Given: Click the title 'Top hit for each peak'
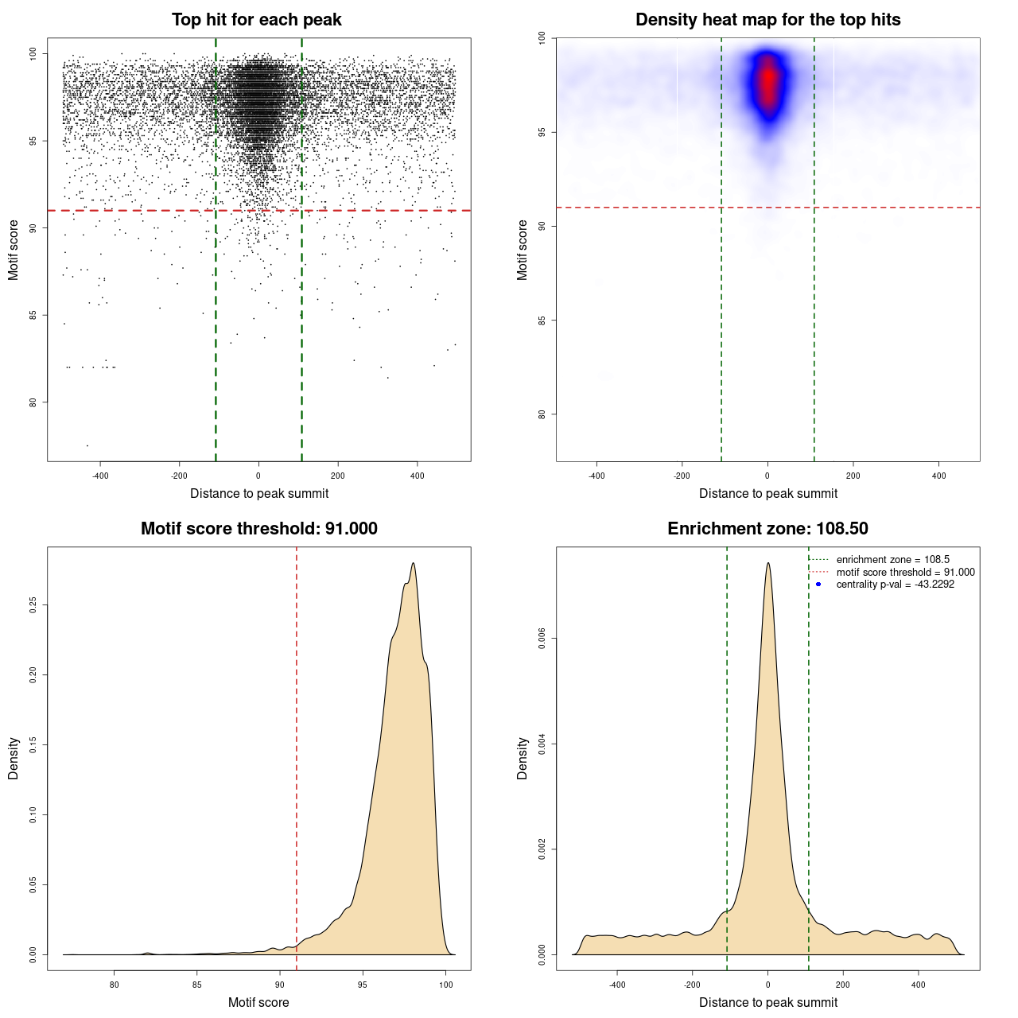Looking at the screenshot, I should click(257, 20).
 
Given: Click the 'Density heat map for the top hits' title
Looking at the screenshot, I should click(767, 20).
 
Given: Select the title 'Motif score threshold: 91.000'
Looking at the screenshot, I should click(258, 529).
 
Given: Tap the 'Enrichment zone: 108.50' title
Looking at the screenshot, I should click(767, 529).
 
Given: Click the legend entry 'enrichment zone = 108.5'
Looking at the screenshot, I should click(892, 560).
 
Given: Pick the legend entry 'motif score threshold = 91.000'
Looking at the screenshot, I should click(905, 572).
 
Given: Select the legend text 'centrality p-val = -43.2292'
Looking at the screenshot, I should click(895, 585).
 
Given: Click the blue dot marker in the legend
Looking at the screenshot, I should click(818, 585).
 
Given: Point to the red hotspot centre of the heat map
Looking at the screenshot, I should click(768, 80).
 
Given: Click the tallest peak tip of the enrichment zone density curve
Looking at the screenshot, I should click(767, 563).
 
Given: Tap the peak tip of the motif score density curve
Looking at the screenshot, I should click(414, 563).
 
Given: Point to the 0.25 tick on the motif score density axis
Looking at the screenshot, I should click(33, 605).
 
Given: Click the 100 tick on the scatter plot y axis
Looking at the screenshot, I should click(33, 53).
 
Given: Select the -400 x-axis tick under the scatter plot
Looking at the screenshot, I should click(100, 476).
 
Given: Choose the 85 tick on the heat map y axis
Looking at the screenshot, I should click(542, 321).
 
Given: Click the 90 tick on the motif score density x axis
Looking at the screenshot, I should click(280, 985).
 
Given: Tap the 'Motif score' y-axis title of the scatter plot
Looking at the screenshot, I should click(14, 250).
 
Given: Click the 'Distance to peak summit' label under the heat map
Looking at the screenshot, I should click(767, 494).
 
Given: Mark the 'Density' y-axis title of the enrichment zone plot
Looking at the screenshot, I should click(523, 758).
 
